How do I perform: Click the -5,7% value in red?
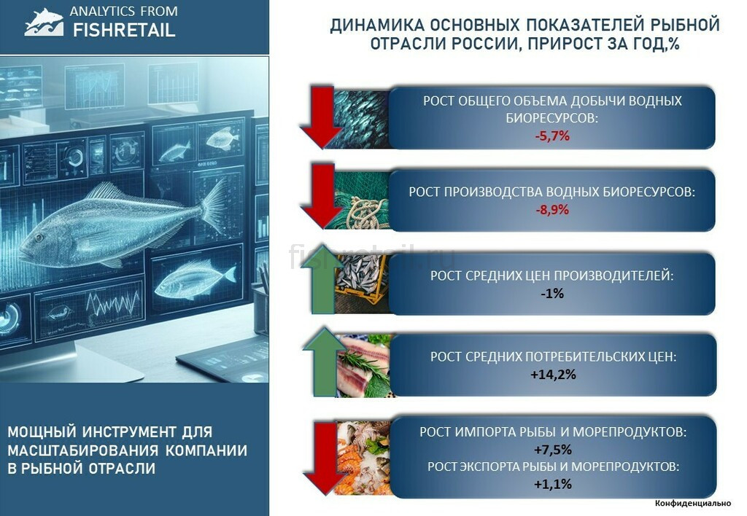click(x=552, y=136)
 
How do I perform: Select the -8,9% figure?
click(x=552, y=209)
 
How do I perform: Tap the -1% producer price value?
click(x=552, y=293)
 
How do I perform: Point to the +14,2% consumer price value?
click(x=553, y=375)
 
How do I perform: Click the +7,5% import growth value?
click(x=553, y=450)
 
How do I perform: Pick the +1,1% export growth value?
click(x=553, y=484)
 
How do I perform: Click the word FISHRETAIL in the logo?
click(x=124, y=31)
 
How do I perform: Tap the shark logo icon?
click(x=44, y=22)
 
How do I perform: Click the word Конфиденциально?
click(x=693, y=503)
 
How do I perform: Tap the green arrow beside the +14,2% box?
click(x=324, y=361)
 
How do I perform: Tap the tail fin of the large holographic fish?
click(x=215, y=205)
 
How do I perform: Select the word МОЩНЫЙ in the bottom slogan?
click(x=42, y=431)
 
